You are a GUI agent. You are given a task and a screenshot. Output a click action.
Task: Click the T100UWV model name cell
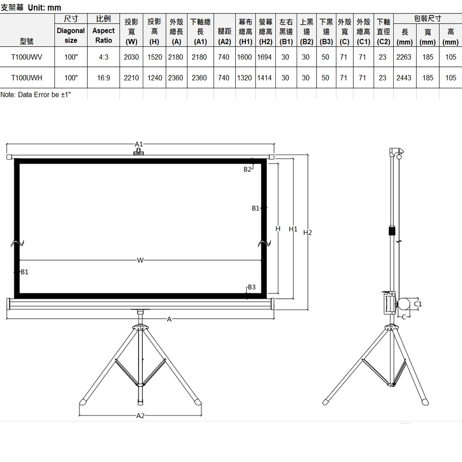point(27,57)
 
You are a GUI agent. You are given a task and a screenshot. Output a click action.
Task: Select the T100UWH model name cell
point(27,78)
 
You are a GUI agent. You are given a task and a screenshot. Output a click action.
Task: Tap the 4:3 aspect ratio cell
point(103,57)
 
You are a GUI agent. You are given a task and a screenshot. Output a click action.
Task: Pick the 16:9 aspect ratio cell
point(103,78)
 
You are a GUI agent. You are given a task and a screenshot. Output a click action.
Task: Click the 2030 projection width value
point(131,57)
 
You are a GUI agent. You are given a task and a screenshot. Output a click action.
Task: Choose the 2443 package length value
point(404,78)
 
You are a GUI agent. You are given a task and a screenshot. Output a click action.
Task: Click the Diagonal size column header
point(71,36)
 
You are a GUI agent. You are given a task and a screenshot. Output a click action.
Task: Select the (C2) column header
point(383,42)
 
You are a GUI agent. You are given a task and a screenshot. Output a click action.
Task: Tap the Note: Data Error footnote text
point(36,95)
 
